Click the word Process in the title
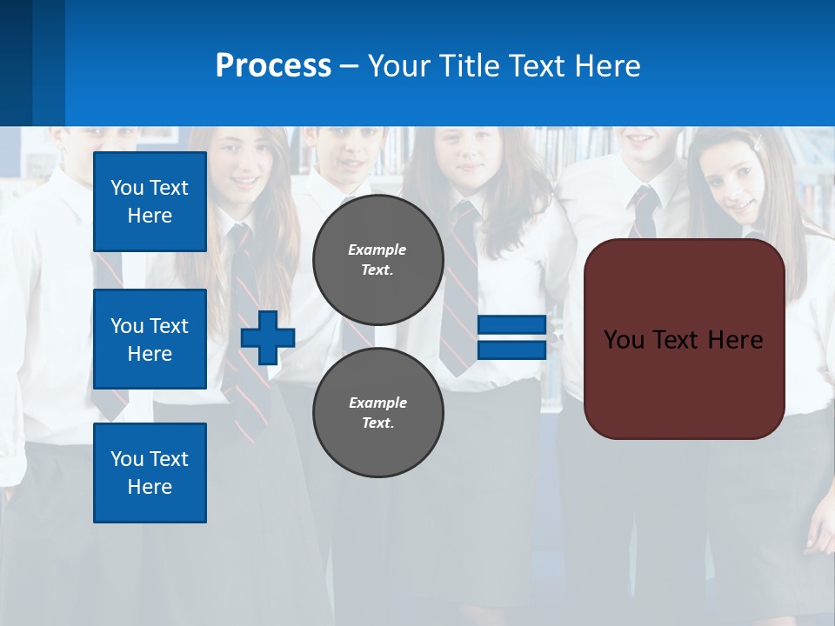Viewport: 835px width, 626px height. coord(273,66)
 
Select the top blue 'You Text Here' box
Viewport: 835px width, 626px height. coord(150,202)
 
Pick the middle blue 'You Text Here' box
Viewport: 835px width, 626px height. coord(150,339)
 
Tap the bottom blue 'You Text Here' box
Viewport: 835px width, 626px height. coord(150,473)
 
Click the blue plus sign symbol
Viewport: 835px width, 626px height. coord(268,337)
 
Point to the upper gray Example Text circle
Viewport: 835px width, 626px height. coord(378,259)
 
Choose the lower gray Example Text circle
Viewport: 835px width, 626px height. coord(378,412)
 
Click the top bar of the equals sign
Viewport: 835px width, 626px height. coord(511,325)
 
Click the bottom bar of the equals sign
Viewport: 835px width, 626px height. coord(511,350)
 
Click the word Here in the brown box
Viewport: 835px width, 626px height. coord(736,340)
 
